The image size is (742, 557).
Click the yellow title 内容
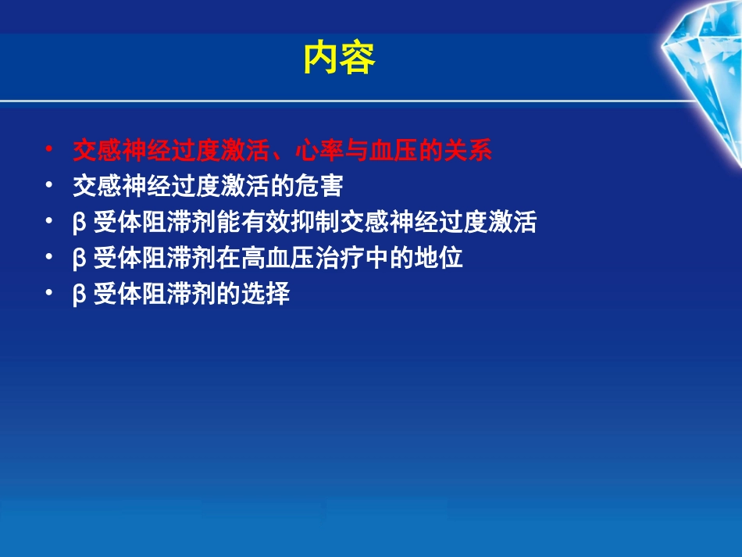point(339,58)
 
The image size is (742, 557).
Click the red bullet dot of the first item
point(49,148)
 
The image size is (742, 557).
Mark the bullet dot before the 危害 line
point(49,185)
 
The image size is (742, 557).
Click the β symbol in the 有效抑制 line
point(79,224)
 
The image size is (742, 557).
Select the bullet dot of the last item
point(49,294)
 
